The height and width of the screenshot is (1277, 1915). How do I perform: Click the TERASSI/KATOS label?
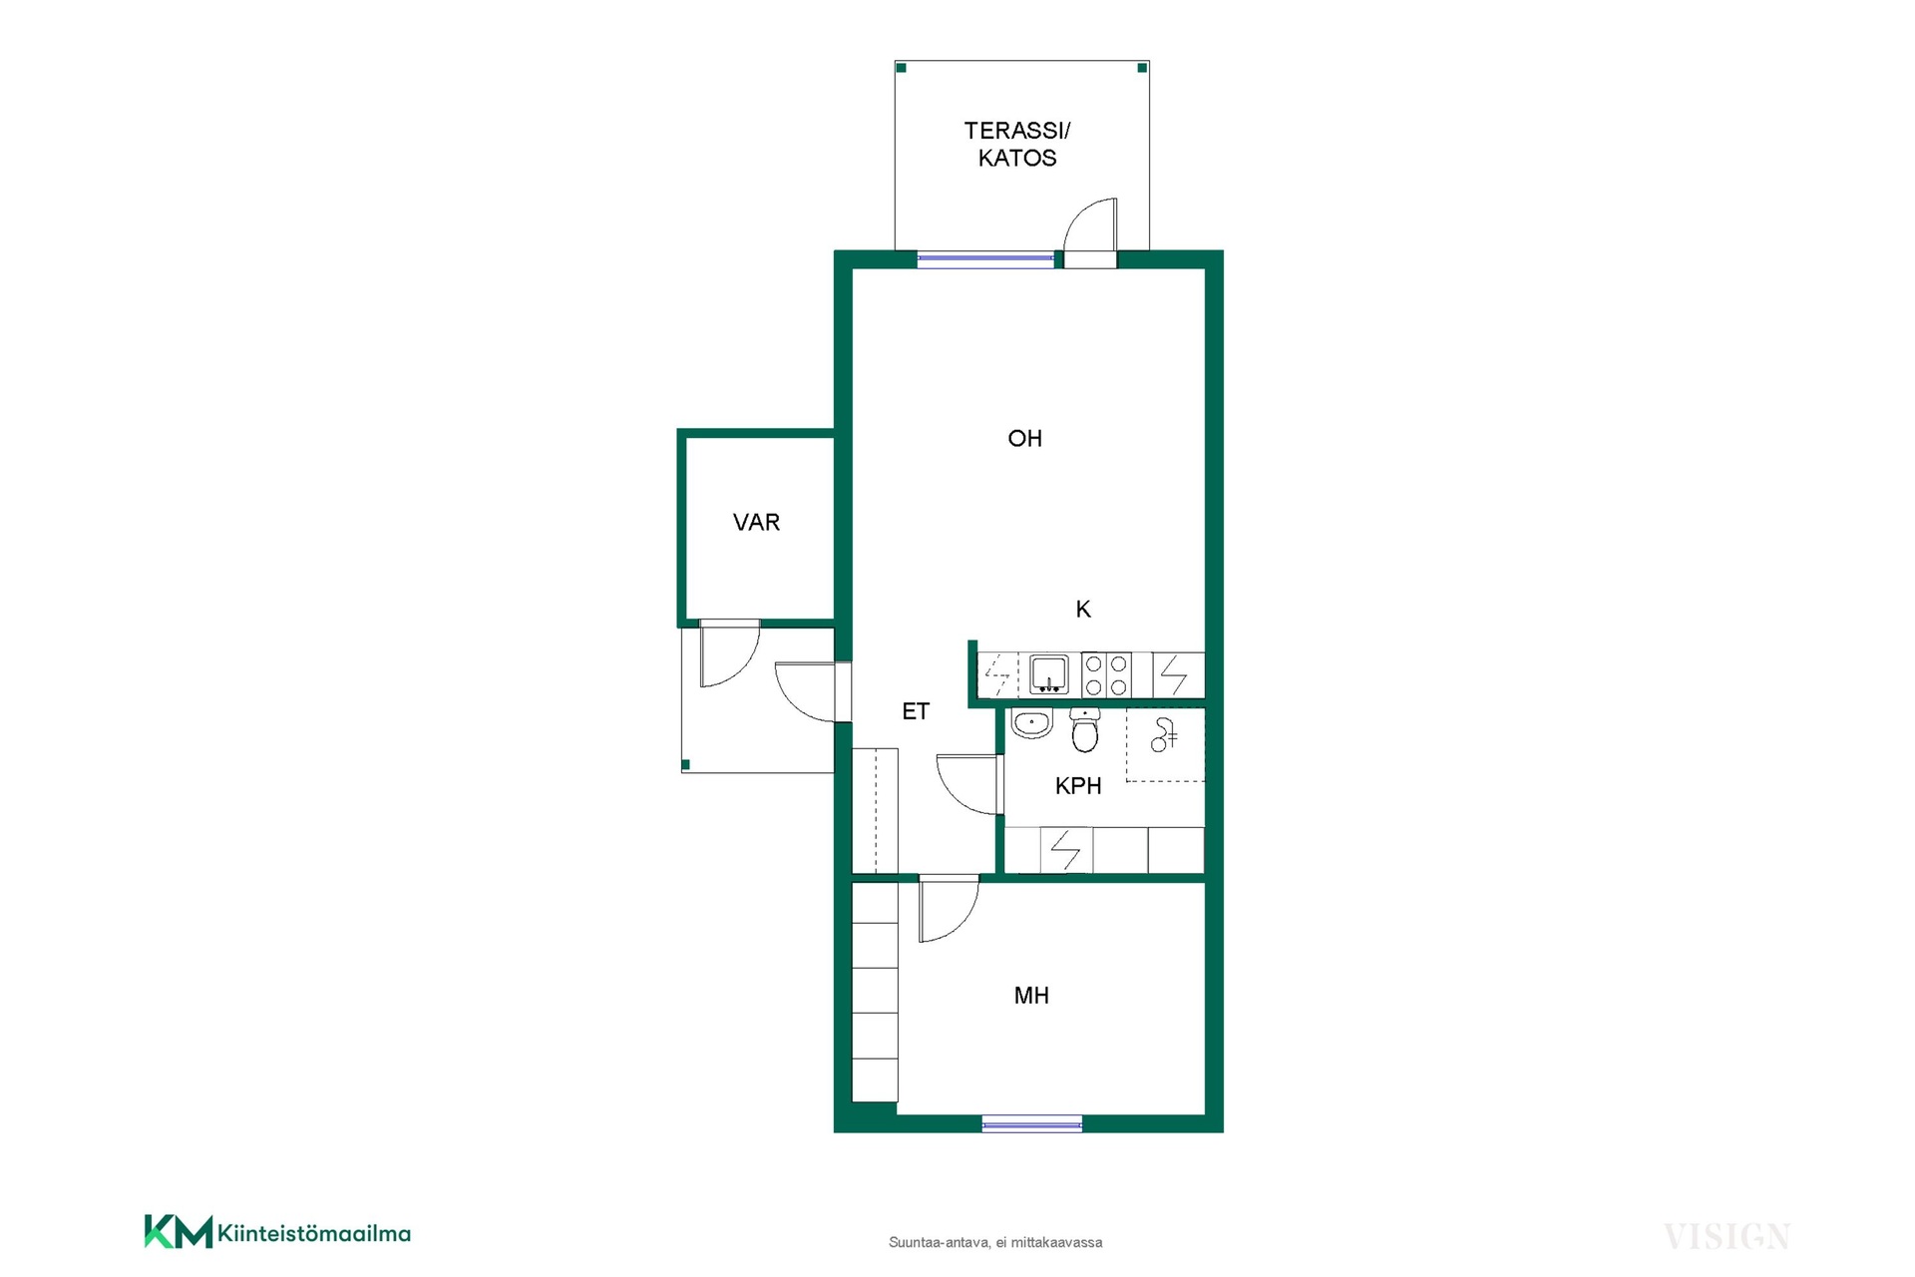[x=1016, y=144]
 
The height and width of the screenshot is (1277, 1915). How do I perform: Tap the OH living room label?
[x=1024, y=438]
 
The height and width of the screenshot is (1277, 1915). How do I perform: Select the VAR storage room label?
[x=756, y=522]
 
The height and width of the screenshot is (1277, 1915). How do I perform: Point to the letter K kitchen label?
[x=1083, y=609]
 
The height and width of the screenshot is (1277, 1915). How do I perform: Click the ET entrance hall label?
[x=916, y=711]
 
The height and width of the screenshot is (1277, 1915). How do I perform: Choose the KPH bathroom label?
[x=1078, y=786]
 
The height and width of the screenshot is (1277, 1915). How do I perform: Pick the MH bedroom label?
[x=1031, y=995]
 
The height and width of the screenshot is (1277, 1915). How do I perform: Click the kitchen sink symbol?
[x=1048, y=674]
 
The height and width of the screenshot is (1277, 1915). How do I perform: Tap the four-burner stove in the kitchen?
[x=1106, y=674]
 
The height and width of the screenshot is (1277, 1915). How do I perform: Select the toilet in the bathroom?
[x=1085, y=730]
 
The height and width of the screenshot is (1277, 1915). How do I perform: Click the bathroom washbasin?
[x=1031, y=722]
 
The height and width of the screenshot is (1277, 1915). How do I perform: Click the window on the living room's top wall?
[x=985, y=259]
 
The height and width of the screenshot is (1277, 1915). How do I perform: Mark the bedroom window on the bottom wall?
[x=1032, y=1124]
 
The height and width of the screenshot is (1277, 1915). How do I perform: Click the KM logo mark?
[x=179, y=1231]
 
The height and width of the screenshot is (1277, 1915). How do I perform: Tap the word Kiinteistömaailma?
[x=314, y=1234]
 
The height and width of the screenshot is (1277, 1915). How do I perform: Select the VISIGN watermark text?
[x=1726, y=1237]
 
